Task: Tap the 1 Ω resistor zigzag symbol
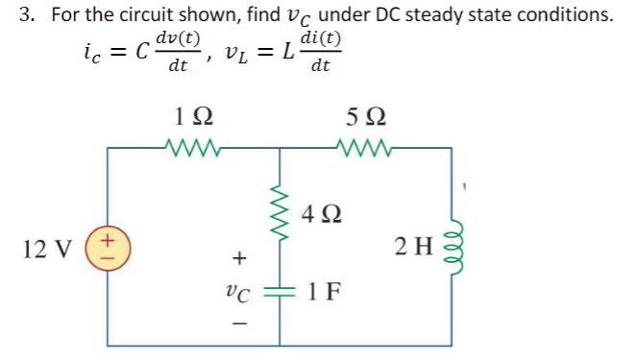click(x=196, y=149)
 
